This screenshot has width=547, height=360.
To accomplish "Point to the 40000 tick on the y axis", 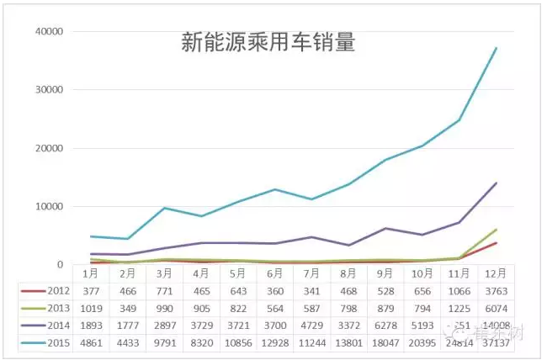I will [x=50, y=32].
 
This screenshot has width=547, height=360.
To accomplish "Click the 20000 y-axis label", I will [x=50, y=149].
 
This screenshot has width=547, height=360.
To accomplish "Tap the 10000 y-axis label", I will [x=50, y=207].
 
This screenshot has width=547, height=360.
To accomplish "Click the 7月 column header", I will [x=310, y=273].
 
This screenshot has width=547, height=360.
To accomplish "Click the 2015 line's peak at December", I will [x=496, y=48].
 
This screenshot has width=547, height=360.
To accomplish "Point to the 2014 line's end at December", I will [x=496, y=183].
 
